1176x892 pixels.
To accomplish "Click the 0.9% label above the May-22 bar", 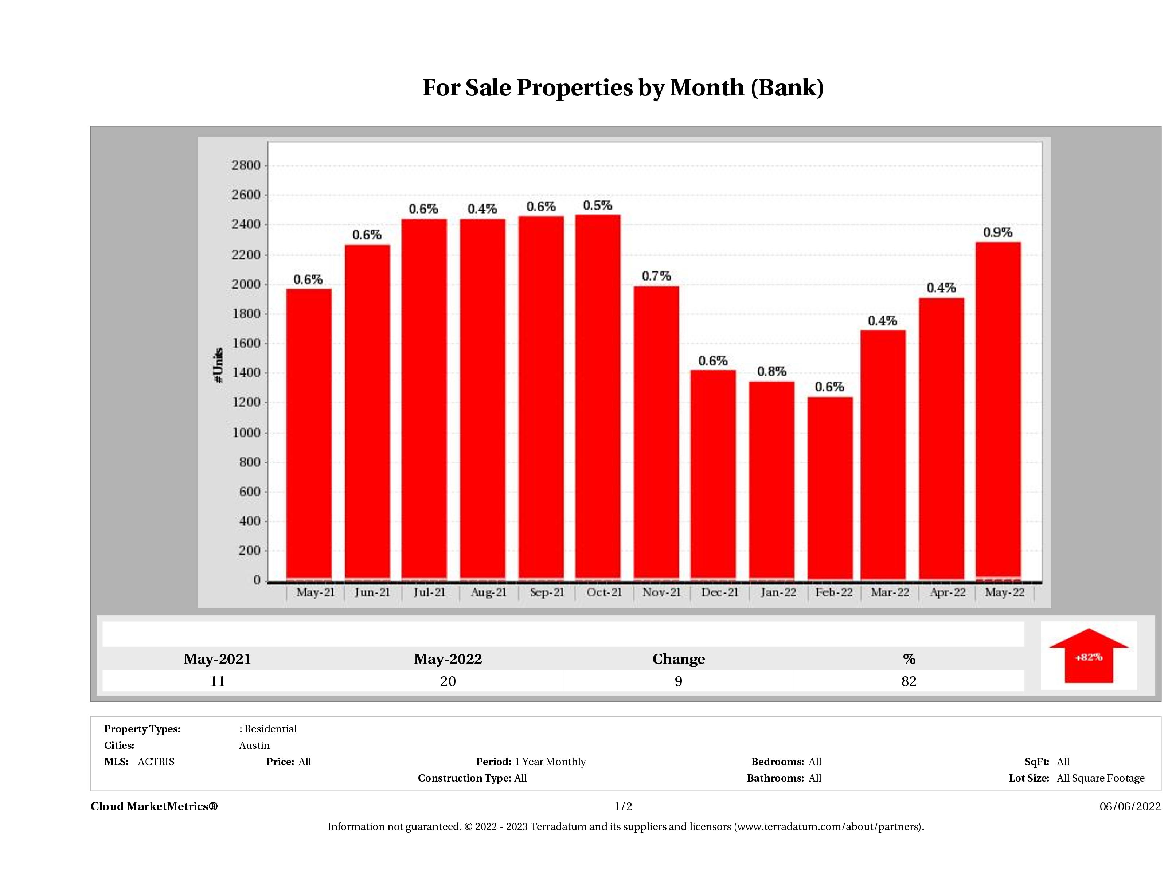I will coord(997,232).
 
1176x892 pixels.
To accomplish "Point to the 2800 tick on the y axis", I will coord(246,165).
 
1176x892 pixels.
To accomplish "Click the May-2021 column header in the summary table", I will coord(218,659).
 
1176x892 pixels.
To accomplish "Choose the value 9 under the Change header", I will coord(679,681).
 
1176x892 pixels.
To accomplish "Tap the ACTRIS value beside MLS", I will coord(156,762).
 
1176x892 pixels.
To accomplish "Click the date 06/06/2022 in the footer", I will coord(1130,806).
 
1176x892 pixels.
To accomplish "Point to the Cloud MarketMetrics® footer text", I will coord(154,806).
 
